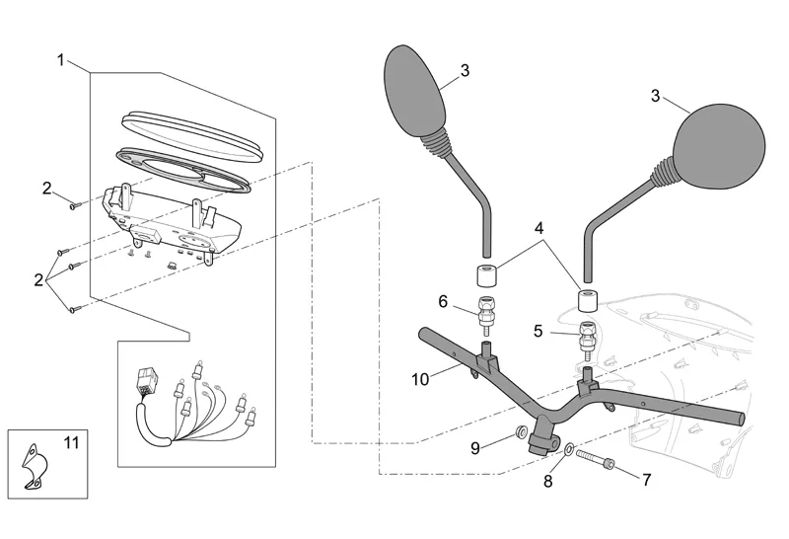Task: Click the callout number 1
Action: (61, 59)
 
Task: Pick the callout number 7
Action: (647, 480)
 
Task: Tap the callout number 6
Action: (443, 300)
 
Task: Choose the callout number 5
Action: (538, 332)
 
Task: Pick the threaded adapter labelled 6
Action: (485, 311)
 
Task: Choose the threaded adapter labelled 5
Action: (588, 337)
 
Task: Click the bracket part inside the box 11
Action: (36, 461)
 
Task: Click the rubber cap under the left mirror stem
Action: (485, 273)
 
